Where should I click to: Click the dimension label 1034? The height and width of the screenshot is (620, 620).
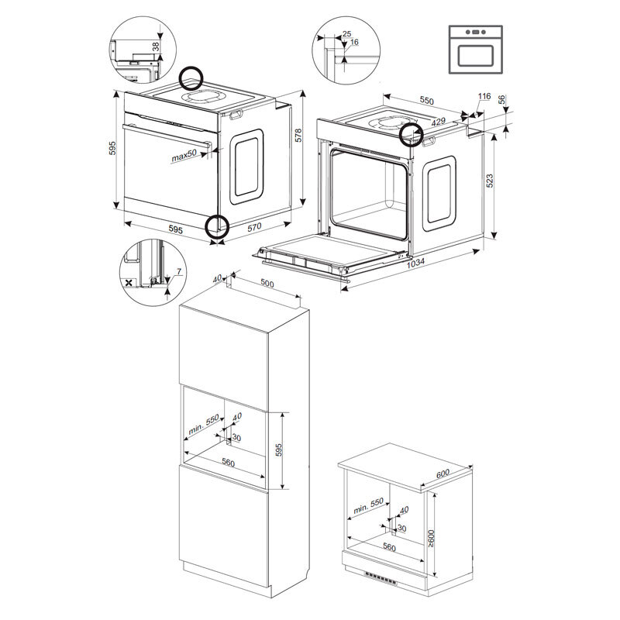[415, 262]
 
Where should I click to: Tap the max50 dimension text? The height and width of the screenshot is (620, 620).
[184, 156]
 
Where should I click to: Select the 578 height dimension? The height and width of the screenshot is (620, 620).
[298, 135]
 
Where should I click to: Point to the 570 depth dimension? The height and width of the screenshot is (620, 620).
[254, 227]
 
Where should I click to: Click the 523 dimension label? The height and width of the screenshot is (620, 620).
[490, 181]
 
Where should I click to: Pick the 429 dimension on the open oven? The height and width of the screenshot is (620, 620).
[438, 122]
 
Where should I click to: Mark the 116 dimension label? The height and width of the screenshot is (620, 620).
[484, 95]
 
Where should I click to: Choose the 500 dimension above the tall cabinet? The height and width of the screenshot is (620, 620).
[267, 284]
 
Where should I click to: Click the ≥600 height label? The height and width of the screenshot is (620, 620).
[431, 539]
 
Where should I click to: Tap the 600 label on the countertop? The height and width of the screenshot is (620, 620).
[443, 474]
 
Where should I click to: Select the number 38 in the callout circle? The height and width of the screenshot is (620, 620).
[156, 46]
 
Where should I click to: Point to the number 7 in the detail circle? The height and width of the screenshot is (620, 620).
[179, 272]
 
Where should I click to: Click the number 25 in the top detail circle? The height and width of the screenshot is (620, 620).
[346, 33]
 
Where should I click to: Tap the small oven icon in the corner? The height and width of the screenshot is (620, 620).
[476, 50]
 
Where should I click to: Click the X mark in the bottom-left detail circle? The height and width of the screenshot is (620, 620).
[128, 283]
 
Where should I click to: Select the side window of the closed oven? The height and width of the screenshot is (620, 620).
[246, 167]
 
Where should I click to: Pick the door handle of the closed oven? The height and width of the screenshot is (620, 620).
[167, 136]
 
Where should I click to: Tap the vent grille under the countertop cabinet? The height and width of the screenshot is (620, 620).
[381, 579]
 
